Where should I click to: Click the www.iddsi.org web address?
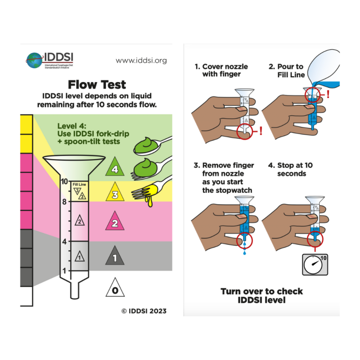pyautogui.click(x=141, y=60)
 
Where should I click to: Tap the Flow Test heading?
pyautogui.click(x=97, y=85)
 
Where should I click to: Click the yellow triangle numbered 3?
pyautogui.click(x=115, y=194)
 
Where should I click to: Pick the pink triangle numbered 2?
pyautogui.click(x=115, y=222)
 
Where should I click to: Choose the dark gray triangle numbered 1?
pyautogui.click(x=115, y=256)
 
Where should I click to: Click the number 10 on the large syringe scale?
pyautogui.click(x=65, y=181)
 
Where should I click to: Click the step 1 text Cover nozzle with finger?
pyautogui.click(x=221, y=70)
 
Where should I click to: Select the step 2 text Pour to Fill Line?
pyautogui.click(x=287, y=70)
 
